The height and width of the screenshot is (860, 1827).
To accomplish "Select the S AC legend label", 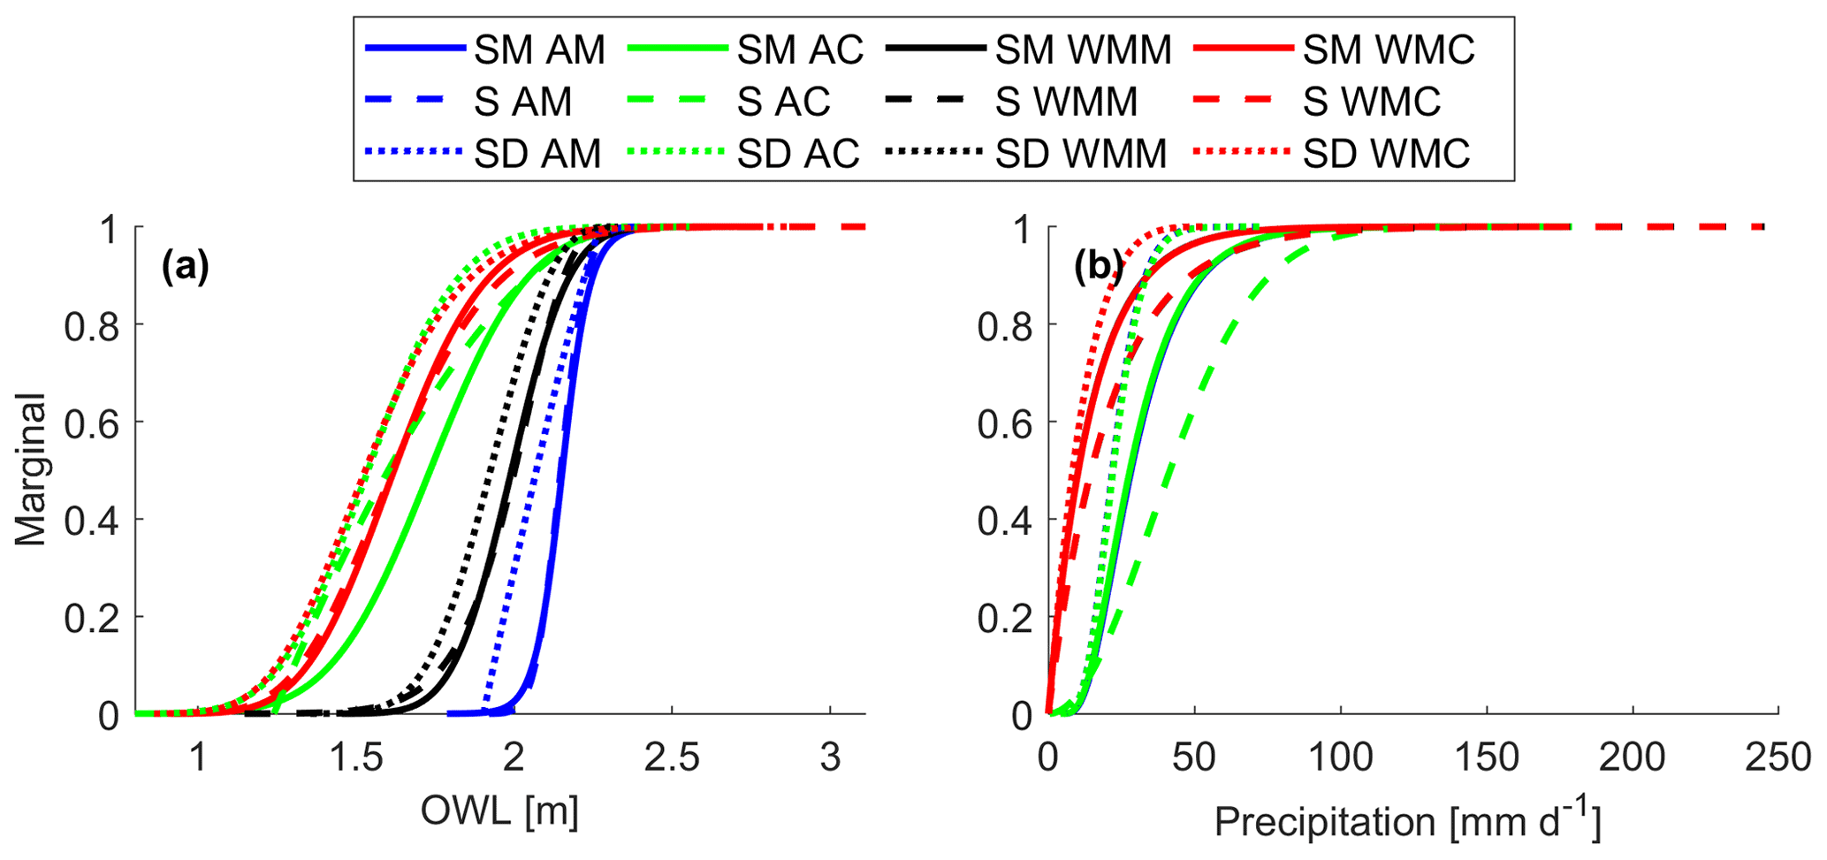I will (783, 102).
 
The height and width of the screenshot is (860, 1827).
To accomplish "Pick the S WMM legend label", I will (1066, 102).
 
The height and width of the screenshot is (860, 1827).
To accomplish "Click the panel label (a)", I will (185, 265).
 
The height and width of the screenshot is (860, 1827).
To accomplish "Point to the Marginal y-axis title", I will (31, 470).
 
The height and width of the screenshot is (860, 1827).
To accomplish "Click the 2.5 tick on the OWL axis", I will (671, 757).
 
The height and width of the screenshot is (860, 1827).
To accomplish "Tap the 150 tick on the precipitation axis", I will (1486, 757).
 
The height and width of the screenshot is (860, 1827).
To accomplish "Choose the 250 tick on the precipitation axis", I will (1778, 757).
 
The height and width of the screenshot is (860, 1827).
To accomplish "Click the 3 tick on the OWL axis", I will (829, 757).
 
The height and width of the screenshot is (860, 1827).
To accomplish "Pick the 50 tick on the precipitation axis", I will (1194, 757).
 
